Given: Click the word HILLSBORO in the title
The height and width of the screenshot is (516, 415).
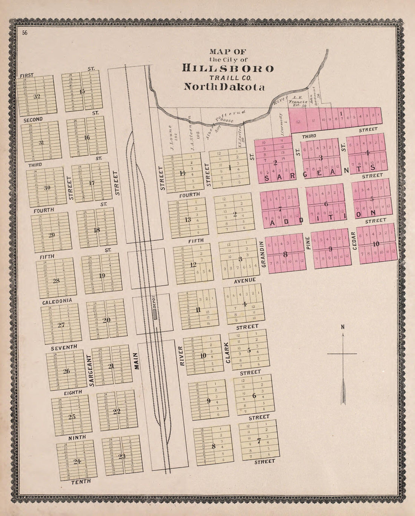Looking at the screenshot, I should click(x=228, y=68).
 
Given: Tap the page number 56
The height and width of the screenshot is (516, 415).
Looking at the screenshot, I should click(x=25, y=33).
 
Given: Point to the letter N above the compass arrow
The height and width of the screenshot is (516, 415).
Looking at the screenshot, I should click(x=343, y=327).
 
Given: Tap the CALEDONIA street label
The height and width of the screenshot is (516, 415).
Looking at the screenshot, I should click(x=57, y=302).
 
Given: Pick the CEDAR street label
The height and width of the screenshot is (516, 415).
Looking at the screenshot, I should click(x=353, y=240).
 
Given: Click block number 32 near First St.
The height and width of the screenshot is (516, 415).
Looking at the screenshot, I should click(x=37, y=96).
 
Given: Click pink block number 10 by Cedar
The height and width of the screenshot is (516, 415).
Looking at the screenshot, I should click(x=376, y=244).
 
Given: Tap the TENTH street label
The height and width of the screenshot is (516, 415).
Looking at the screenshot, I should click(x=81, y=481).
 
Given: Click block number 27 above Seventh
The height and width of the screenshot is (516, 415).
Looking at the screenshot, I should click(x=61, y=325).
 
